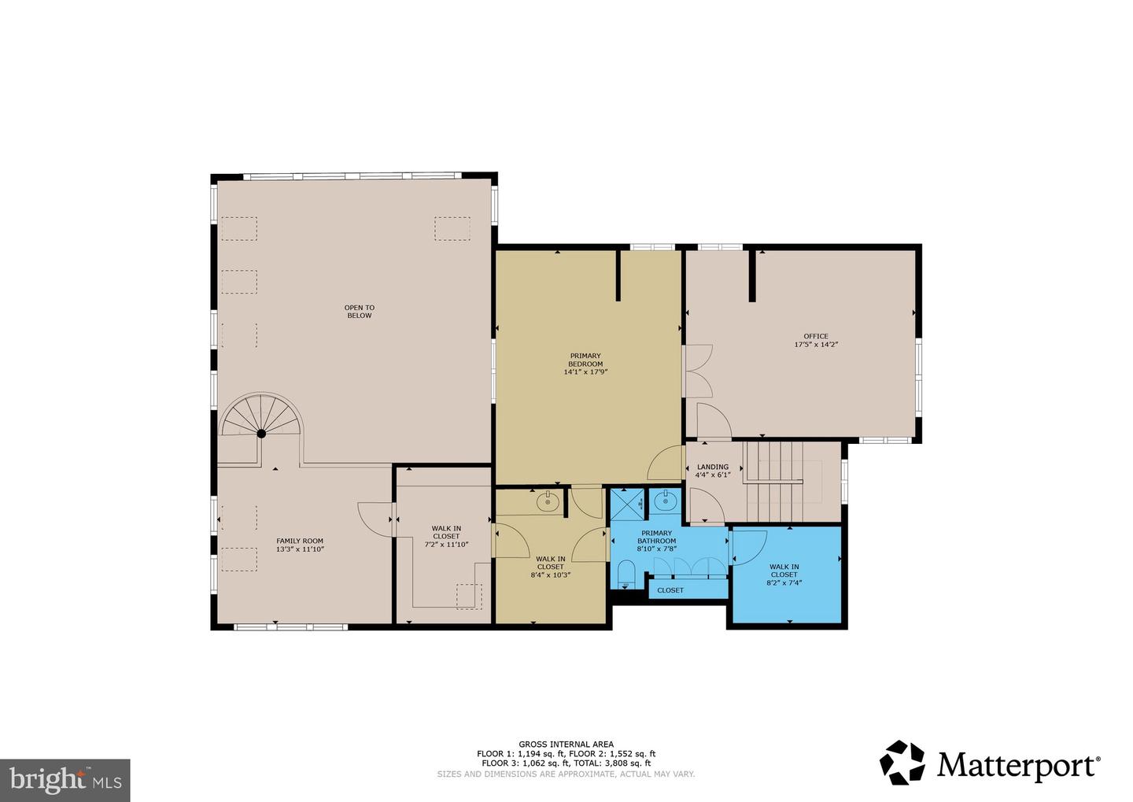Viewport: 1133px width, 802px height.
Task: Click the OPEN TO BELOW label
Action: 359,312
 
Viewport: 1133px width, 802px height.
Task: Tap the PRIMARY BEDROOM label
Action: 585,364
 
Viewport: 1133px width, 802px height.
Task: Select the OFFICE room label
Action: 815,340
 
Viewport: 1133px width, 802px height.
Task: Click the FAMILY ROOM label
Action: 300,545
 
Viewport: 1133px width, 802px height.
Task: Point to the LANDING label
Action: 713,471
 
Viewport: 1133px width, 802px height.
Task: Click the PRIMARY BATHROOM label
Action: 656,537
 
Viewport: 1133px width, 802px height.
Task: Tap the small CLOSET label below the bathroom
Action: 670,590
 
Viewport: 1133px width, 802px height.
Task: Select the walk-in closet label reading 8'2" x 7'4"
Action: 784,575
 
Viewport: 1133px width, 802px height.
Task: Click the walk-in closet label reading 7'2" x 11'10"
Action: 446,536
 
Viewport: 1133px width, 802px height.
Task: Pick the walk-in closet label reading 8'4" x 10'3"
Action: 550,567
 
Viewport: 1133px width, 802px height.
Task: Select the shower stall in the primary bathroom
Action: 628,503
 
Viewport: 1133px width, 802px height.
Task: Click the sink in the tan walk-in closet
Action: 548,501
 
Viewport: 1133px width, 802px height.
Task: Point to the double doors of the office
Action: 697,371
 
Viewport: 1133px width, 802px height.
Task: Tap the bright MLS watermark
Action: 65,780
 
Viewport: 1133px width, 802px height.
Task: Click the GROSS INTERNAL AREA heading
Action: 566,744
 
